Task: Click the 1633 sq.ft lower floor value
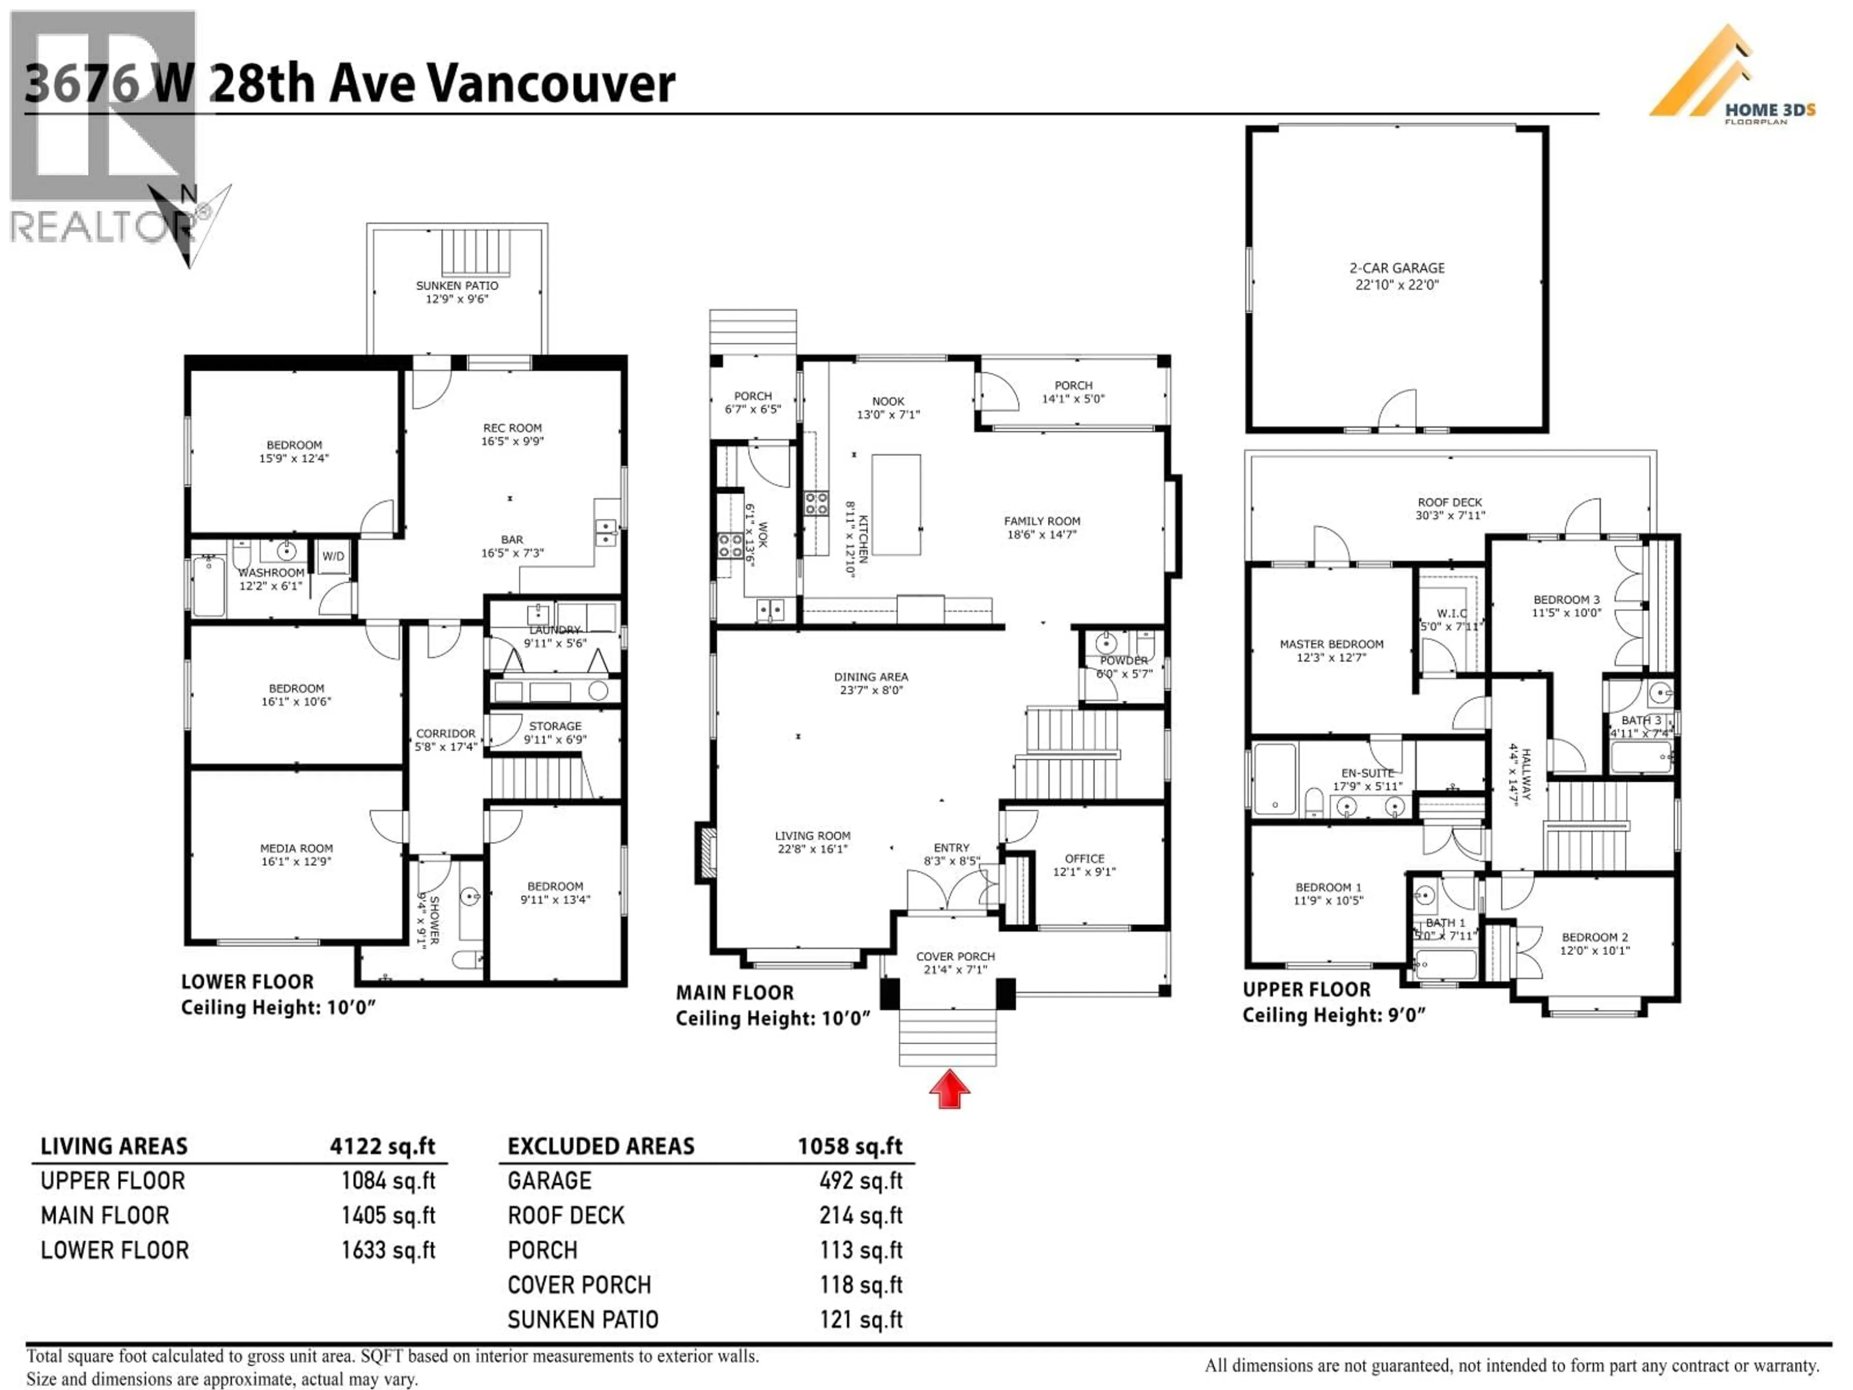pyautogui.click(x=388, y=1250)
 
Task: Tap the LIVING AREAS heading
pyautogui.click(x=114, y=1146)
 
